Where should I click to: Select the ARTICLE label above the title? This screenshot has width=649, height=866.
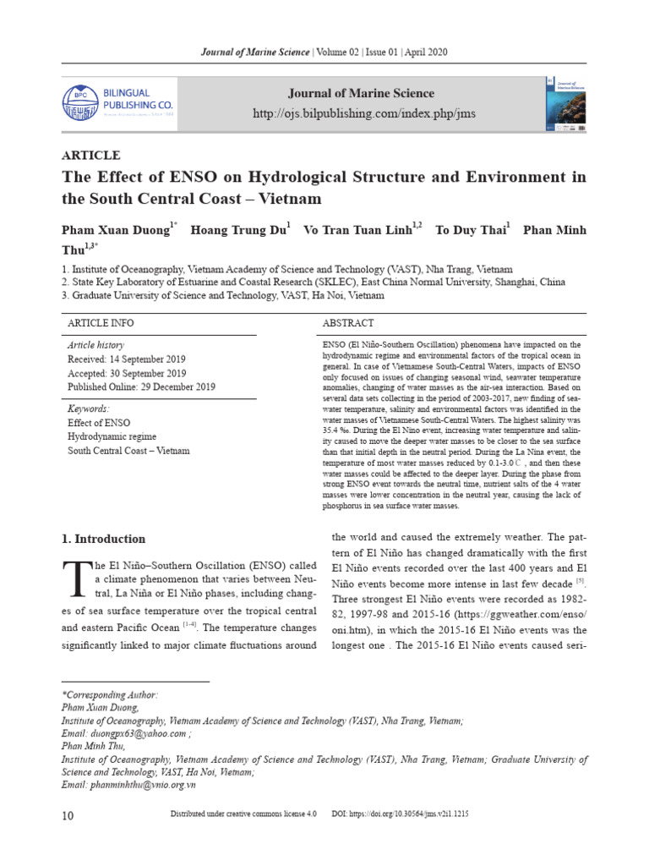click(x=91, y=155)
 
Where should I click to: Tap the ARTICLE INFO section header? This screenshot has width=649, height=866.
click(x=100, y=323)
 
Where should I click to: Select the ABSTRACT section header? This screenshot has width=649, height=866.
click(x=348, y=323)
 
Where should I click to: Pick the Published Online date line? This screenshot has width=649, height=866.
click(x=141, y=386)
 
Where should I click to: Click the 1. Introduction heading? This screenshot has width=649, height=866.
click(x=104, y=539)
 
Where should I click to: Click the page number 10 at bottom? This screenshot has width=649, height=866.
click(x=68, y=815)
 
